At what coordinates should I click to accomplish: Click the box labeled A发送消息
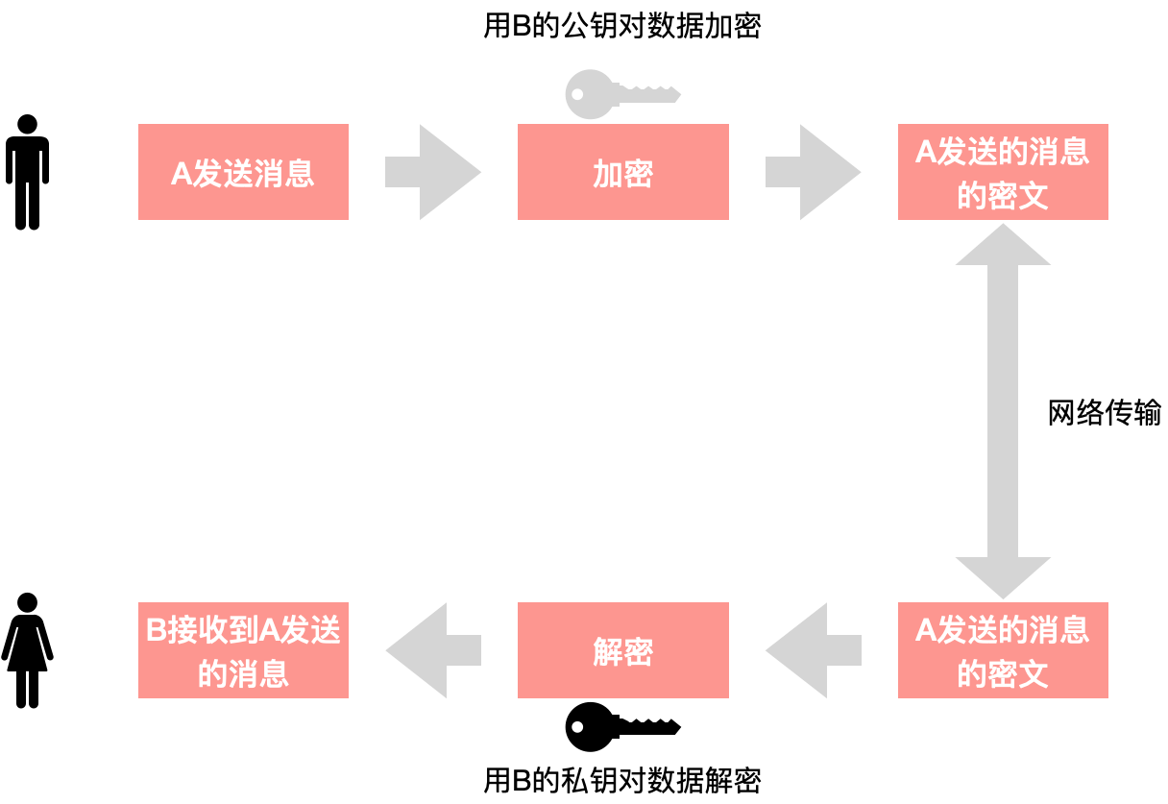tap(243, 172)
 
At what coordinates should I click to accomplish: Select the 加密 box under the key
tap(622, 172)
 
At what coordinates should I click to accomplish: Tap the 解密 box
tap(622, 650)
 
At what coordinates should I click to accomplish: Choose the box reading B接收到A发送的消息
tap(243, 650)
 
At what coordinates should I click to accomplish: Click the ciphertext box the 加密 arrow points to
tap(1003, 172)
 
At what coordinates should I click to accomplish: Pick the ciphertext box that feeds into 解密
tap(1003, 650)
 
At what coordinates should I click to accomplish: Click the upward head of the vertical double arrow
tap(1003, 246)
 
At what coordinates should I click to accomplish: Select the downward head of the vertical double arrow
tap(1003, 576)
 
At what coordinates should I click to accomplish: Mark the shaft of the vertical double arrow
tap(1003, 411)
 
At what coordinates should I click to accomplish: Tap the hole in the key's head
tap(577, 94)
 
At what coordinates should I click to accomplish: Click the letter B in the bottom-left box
tap(157, 630)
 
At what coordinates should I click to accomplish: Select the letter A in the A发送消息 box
tap(181, 174)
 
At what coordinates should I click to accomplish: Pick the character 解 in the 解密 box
tap(608, 652)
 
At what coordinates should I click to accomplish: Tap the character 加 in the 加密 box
tap(608, 174)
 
